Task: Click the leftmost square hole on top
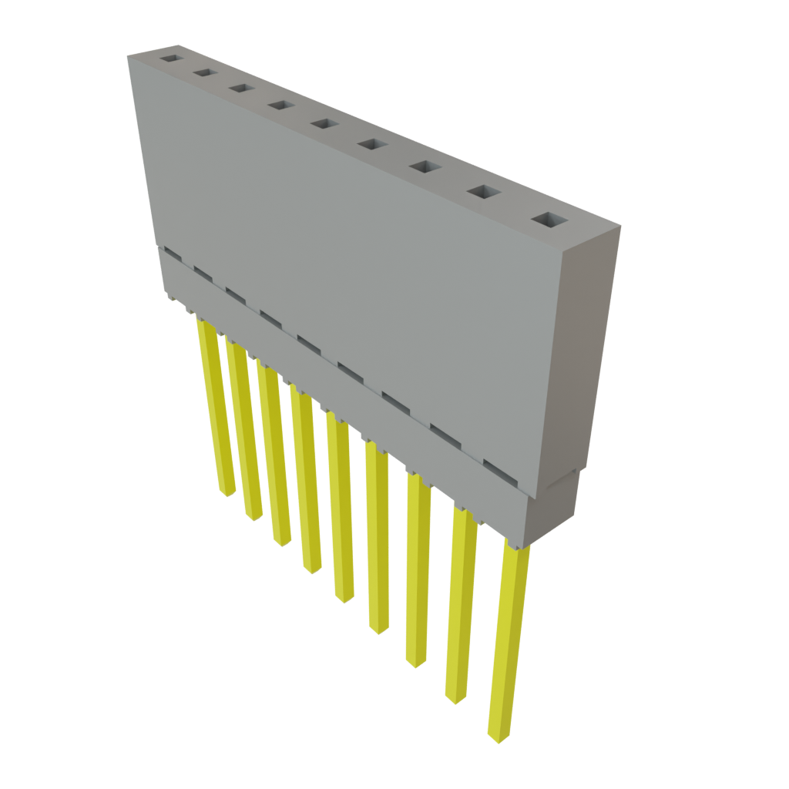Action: pos(169,57)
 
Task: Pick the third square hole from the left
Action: pos(240,89)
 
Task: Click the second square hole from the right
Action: pos(482,192)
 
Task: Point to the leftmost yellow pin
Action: pos(216,408)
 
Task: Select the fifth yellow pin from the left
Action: pos(341,509)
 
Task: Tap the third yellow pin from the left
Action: pos(274,455)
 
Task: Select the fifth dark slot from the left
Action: pos(308,342)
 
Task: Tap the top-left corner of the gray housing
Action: pos(129,55)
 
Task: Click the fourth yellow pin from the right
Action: pos(378,539)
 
